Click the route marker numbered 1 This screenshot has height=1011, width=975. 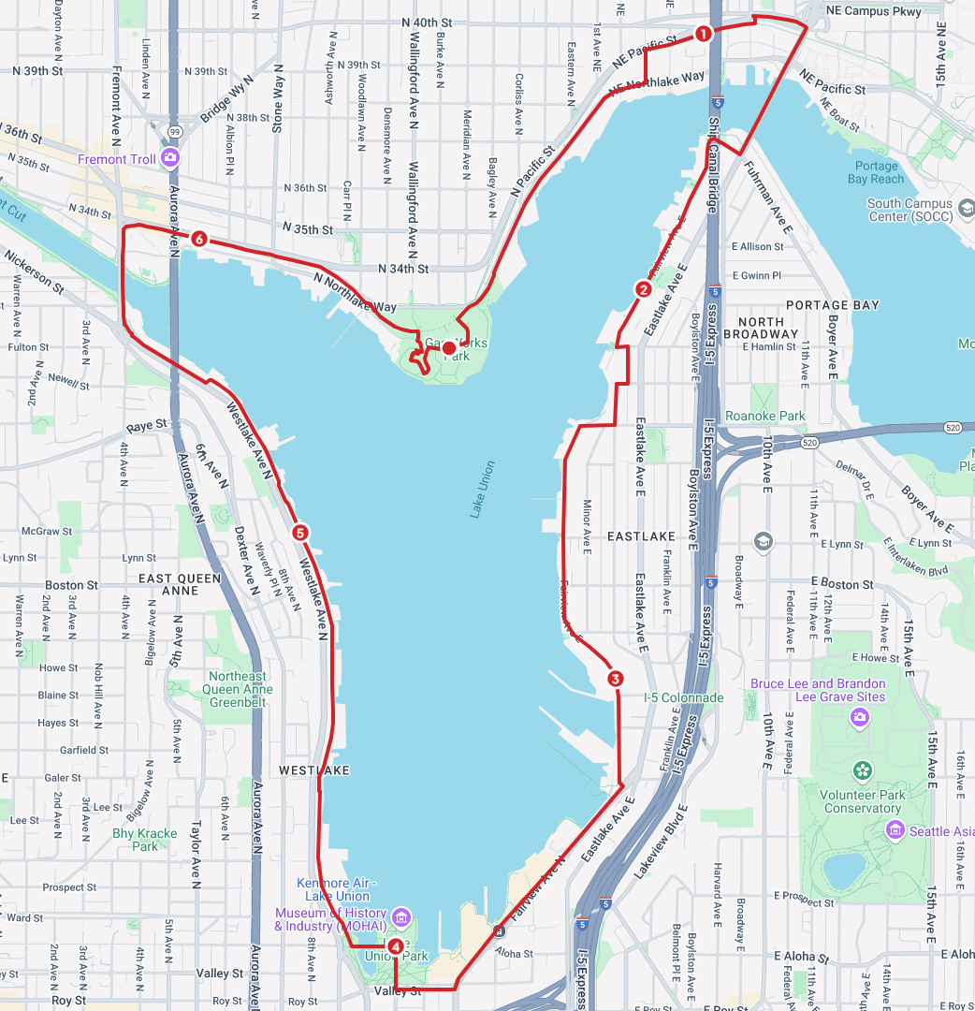pyautogui.click(x=703, y=34)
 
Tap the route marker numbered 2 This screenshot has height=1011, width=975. pyautogui.click(x=644, y=289)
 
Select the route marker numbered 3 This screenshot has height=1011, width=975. pyautogui.click(x=615, y=679)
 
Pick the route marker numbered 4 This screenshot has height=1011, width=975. pyautogui.click(x=396, y=946)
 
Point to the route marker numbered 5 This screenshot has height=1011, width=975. pyautogui.click(x=300, y=533)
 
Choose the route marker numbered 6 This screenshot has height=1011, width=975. pyautogui.click(x=198, y=239)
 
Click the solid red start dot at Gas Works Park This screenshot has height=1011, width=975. pyautogui.click(x=449, y=349)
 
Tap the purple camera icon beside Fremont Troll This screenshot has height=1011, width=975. pyautogui.click(x=169, y=157)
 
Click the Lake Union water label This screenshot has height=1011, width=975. pyautogui.click(x=482, y=490)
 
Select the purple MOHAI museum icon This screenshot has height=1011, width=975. pyautogui.click(x=401, y=915)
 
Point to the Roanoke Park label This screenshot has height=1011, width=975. pyautogui.click(x=765, y=416)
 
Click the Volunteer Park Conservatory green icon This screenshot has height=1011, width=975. pyautogui.click(x=862, y=771)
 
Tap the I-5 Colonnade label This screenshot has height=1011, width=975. pyautogui.click(x=683, y=697)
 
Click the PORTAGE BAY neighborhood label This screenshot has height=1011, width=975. pyautogui.click(x=833, y=305)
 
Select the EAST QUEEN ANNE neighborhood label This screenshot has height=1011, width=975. pyautogui.click(x=181, y=584)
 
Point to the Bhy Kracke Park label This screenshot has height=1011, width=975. pyautogui.click(x=144, y=840)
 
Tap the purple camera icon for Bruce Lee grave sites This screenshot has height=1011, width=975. pyautogui.click(x=859, y=717)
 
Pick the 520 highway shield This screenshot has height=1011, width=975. pyautogui.click(x=809, y=441)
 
